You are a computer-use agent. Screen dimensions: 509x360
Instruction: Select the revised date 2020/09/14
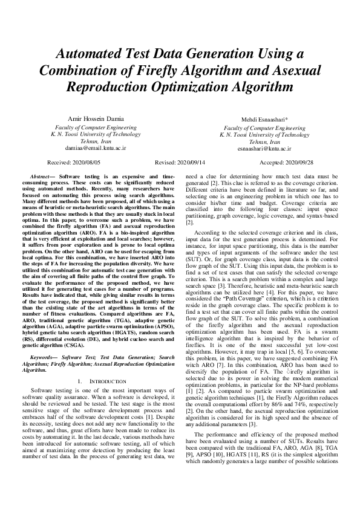pyautogui.click(x=190, y=163)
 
